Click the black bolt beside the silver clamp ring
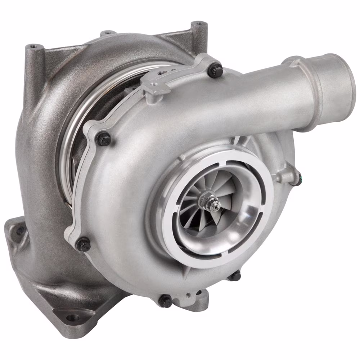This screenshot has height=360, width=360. coord(103,139)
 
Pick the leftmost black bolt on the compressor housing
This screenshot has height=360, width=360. coord(83,244)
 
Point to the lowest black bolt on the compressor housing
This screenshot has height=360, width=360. coord(166,301)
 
